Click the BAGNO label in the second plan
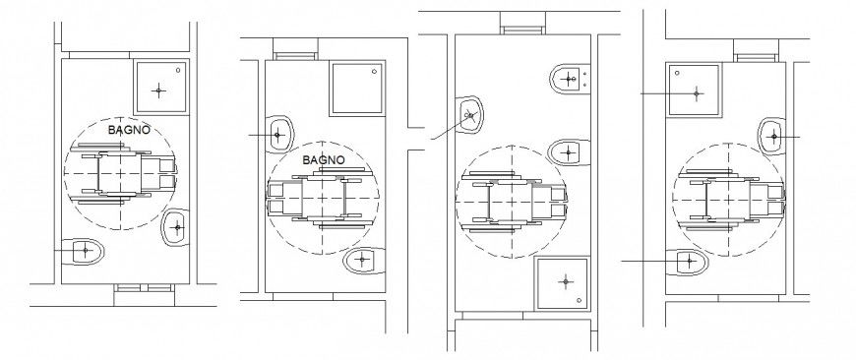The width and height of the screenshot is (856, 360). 323,158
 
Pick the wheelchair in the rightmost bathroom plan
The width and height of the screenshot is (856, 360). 734,194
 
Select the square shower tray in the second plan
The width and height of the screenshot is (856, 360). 355,90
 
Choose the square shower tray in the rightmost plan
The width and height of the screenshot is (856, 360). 697,92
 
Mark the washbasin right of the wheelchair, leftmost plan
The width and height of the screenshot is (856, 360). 176,227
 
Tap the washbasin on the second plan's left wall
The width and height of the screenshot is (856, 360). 278,134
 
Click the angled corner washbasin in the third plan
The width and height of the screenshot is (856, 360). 470,116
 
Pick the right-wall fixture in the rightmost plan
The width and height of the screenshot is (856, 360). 774,135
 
